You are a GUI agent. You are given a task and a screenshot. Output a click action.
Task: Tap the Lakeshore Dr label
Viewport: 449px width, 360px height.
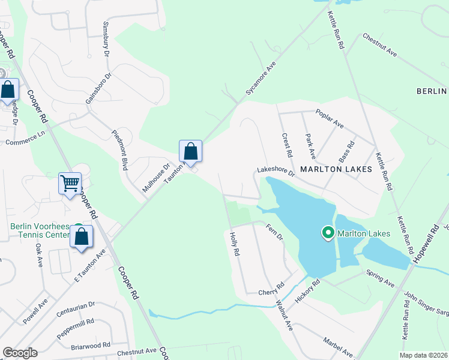(x=276, y=172)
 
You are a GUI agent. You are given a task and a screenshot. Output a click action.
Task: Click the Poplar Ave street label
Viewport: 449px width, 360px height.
(x=330, y=119)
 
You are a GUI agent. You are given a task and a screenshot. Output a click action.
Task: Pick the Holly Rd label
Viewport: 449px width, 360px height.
(x=235, y=245)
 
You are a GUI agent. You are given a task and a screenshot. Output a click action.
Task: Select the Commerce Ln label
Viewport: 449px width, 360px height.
(x=25, y=140)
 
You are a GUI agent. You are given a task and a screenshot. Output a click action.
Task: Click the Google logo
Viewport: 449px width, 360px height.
(x=19, y=353)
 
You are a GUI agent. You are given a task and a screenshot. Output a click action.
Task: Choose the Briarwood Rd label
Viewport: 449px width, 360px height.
(x=89, y=346)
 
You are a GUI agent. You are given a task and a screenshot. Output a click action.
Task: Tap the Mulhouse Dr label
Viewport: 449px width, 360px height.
(x=156, y=178)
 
